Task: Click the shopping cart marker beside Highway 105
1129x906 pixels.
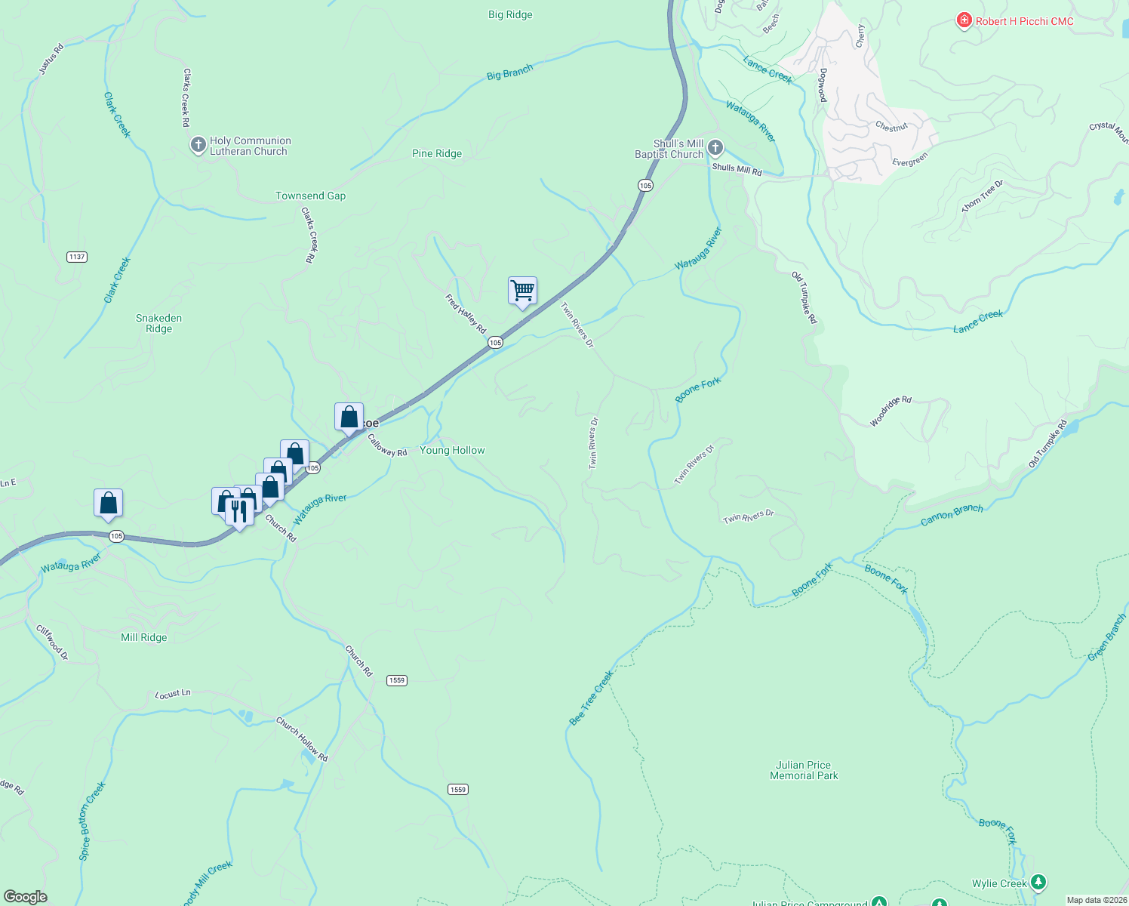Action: (522, 291)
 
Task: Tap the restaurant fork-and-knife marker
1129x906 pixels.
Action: (239, 512)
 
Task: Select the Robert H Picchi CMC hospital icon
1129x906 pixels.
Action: (964, 21)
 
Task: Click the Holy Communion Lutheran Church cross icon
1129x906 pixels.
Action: (198, 145)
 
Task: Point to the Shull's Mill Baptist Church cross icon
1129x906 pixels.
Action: (715, 147)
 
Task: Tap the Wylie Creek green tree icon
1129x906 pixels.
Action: (1038, 882)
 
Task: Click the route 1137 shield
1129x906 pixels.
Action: (77, 257)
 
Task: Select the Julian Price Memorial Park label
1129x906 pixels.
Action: (804, 770)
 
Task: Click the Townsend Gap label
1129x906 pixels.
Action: (310, 196)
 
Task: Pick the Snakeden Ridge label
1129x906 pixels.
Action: (158, 323)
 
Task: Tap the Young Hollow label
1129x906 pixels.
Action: (452, 450)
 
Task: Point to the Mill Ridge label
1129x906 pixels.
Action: (143, 637)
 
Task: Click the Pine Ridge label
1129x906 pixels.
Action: (437, 153)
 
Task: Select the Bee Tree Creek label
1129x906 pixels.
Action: (591, 698)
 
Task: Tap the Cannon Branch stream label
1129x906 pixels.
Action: (952, 515)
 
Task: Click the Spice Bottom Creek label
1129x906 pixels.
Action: (93, 821)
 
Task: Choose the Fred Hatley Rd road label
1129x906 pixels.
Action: (466, 314)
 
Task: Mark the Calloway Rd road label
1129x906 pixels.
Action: (387, 445)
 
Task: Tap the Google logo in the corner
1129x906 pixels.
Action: (26, 896)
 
